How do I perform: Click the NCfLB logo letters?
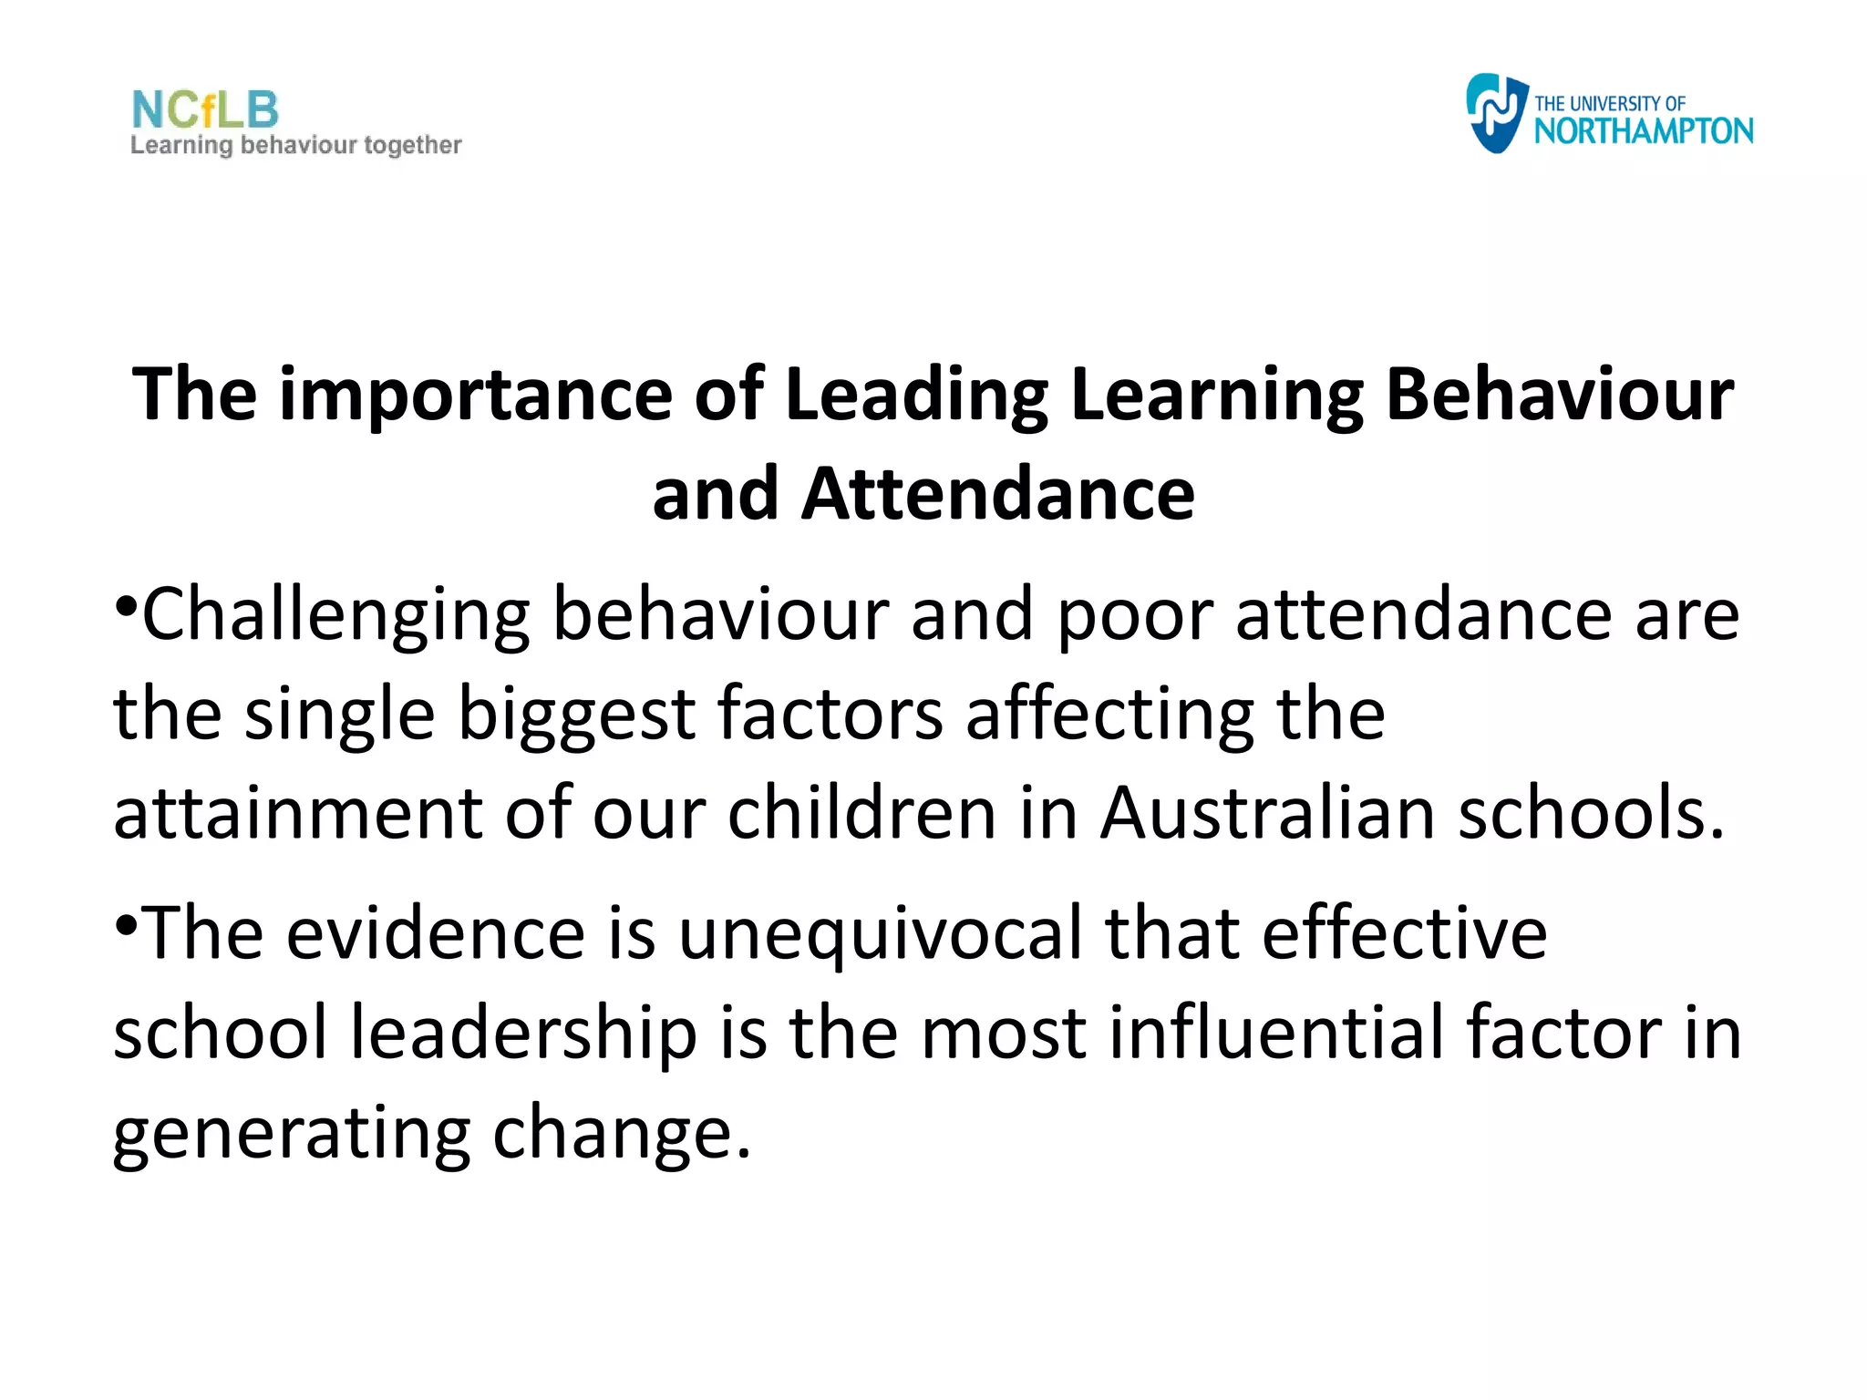(205, 109)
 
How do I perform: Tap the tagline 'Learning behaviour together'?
(296, 146)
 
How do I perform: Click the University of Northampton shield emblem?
(1495, 113)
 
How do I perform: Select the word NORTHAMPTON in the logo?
(1644, 131)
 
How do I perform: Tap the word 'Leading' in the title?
(916, 396)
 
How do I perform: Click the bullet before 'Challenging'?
(126, 604)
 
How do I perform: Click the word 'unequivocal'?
(881, 935)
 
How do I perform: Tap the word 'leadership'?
(524, 1035)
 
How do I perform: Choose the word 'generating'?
(292, 1135)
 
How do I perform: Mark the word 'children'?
(861, 812)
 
